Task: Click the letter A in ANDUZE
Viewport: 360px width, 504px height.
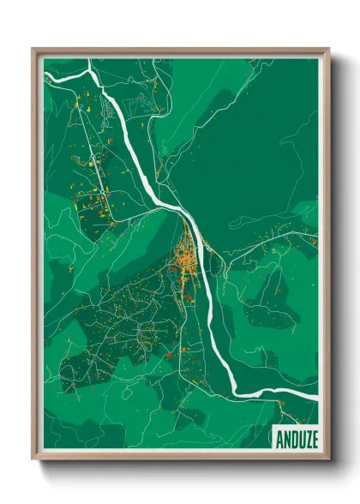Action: point(279,440)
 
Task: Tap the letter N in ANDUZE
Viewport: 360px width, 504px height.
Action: point(286,440)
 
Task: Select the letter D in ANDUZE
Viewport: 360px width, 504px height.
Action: point(293,440)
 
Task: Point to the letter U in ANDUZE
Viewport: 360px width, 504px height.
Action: point(300,440)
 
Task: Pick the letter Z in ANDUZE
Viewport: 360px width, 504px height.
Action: point(307,440)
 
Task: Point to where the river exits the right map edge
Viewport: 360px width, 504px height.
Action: point(316,396)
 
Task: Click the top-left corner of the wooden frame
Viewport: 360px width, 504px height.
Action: point(34,50)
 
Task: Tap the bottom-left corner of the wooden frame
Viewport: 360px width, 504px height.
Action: point(34,458)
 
